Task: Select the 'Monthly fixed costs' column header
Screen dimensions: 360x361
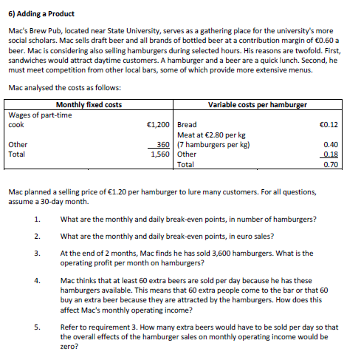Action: click(89, 105)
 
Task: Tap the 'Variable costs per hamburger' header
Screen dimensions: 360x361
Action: click(258, 105)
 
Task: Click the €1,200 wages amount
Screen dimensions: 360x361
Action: click(159, 125)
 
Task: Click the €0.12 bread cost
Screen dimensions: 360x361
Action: click(329, 125)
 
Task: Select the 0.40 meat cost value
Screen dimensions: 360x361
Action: click(331, 145)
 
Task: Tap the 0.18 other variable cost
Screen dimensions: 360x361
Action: click(331, 154)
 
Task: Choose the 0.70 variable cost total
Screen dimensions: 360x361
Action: click(331, 164)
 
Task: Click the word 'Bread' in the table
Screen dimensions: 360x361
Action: click(188, 125)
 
